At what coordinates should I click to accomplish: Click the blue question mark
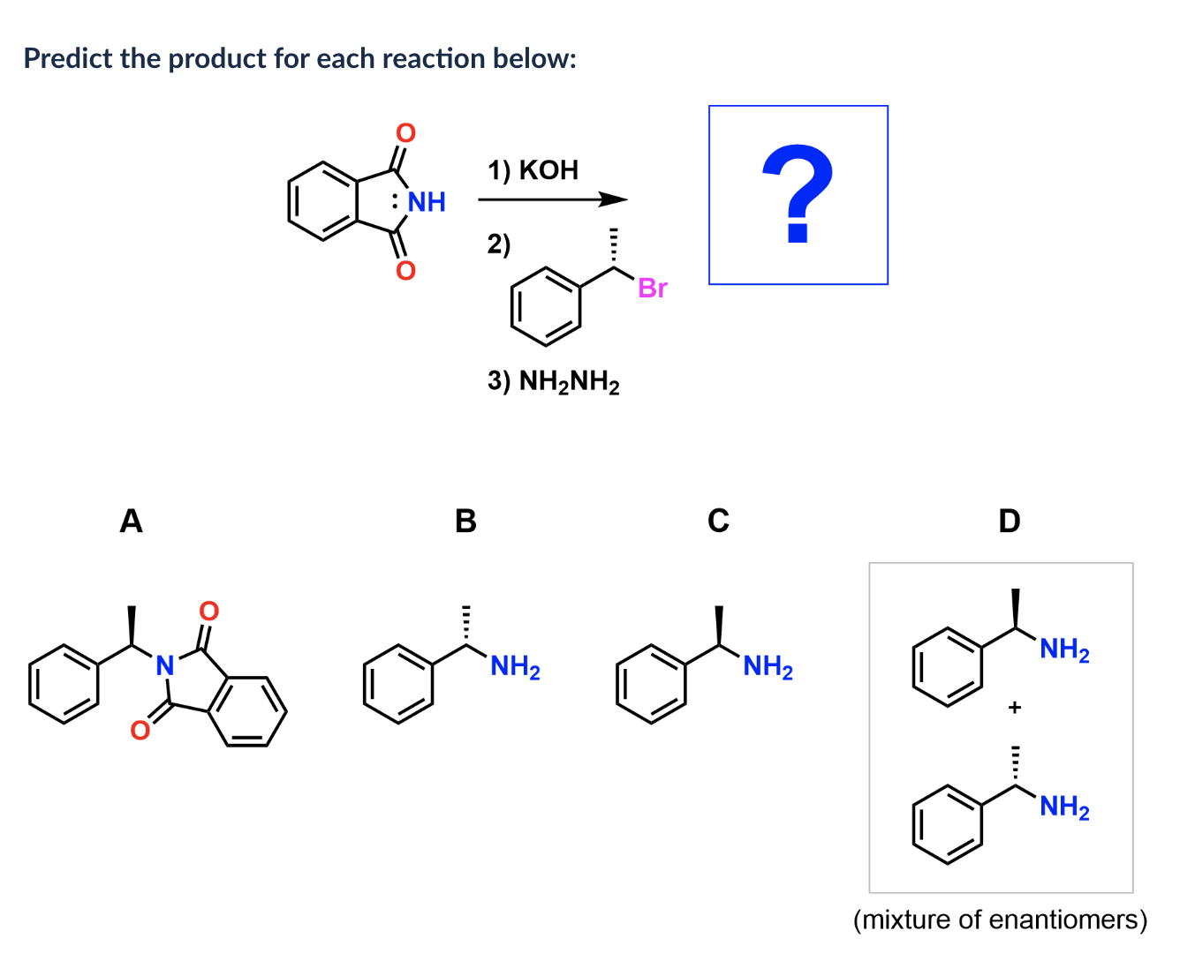click(798, 195)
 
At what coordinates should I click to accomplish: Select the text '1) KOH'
click(533, 169)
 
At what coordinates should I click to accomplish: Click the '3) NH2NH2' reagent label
click(553, 381)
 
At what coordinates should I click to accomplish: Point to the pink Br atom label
click(653, 289)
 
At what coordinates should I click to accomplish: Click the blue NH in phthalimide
click(426, 202)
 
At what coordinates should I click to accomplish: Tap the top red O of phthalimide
click(405, 133)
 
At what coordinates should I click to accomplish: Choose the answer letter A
click(131, 521)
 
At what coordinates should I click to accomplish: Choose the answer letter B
click(465, 521)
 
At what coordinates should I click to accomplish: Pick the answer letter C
click(718, 521)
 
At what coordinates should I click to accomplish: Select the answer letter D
click(1009, 521)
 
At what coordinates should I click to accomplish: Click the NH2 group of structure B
click(515, 667)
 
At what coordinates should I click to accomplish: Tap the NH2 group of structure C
click(768, 667)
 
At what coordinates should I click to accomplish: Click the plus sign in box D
click(1015, 707)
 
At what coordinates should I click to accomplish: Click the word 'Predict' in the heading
click(68, 58)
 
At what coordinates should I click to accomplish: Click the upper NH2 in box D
click(1064, 649)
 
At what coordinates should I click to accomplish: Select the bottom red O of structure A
click(140, 730)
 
